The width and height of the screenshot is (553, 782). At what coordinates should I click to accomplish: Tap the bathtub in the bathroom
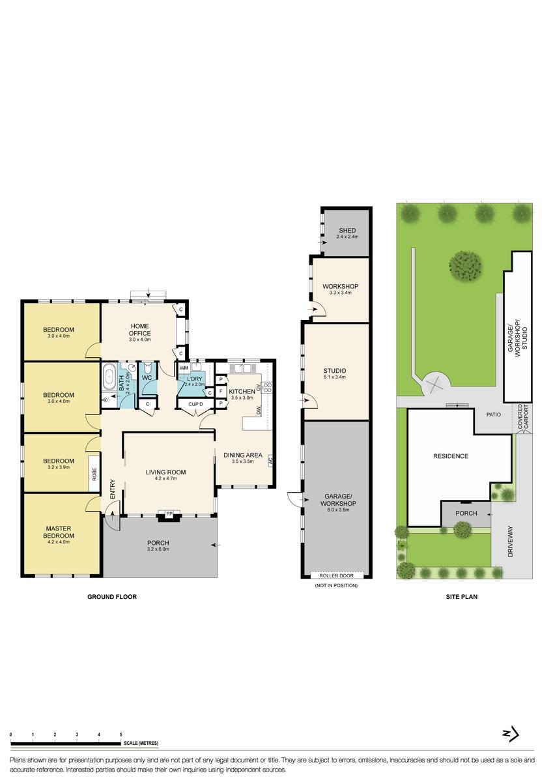click(109, 377)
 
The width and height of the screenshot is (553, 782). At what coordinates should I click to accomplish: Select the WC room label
click(148, 377)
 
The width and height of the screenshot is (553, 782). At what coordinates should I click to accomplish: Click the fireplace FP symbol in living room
click(169, 515)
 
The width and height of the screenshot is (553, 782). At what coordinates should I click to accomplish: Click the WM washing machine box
click(184, 369)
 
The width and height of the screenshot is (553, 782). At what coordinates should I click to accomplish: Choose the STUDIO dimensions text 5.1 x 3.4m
click(334, 377)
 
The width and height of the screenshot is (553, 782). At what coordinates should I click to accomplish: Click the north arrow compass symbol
click(511, 734)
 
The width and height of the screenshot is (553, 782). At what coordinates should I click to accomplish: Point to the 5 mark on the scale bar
click(121, 735)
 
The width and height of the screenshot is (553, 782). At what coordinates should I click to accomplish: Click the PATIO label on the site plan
click(492, 414)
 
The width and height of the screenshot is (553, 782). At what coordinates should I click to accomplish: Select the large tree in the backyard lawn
click(465, 265)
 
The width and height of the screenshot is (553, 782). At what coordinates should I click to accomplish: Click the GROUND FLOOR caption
click(112, 596)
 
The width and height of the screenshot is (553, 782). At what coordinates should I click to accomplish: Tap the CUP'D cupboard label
click(195, 404)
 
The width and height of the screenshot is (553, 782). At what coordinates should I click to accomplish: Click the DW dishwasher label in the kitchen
click(259, 409)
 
